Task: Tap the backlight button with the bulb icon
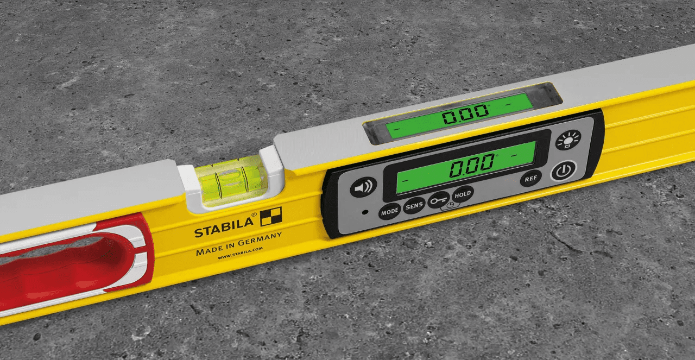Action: tap(568, 140)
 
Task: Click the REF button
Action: tap(530, 178)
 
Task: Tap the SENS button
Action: tap(414, 206)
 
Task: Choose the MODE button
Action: tap(389, 212)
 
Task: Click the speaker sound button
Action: tap(363, 187)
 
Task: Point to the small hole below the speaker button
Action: tap(365, 211)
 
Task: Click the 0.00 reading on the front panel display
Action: tap(471, 167)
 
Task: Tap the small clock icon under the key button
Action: tap(449, 206)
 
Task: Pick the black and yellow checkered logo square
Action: tap(271, 217)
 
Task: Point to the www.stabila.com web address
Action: tap(240, 252)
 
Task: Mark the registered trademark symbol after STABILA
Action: tap(255, 220)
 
